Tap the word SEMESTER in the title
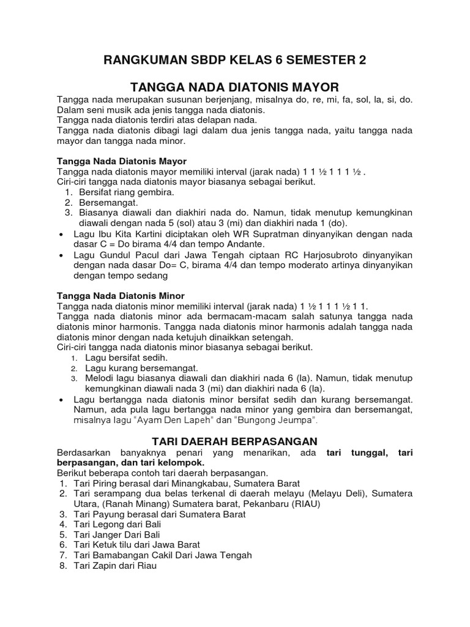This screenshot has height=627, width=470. tap(319, 60)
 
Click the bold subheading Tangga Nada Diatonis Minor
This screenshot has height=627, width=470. tap(121, 295)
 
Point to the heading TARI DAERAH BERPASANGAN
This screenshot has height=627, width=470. tap(234, 441)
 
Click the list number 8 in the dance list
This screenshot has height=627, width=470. tap(62, 566)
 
